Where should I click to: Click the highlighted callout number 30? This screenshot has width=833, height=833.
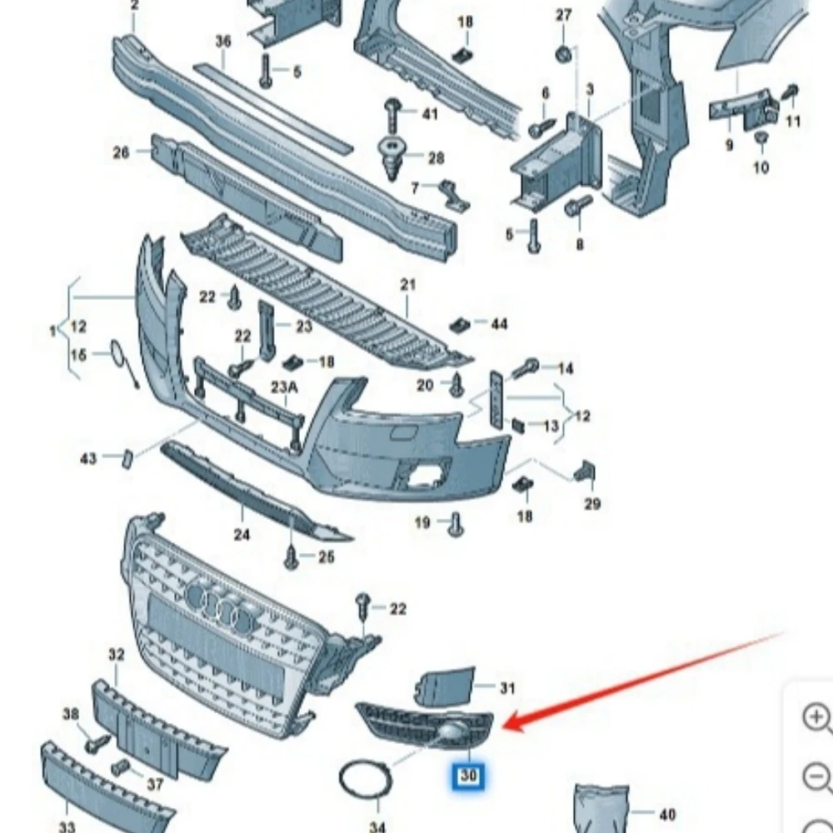click(x=469, y=776)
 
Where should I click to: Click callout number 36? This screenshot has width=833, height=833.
click(x=222, y=41)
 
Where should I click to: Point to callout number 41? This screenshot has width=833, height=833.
click(x=429, y=112)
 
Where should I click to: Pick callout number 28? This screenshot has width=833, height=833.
click(x=436, y=157)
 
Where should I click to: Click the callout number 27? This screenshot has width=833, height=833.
click(x=564, y=15)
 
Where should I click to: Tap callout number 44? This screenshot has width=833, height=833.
click(x=498, y=323)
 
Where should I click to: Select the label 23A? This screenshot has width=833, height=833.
click(x=283, y=387)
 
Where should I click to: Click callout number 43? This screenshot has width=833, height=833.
click(x=88, y=458)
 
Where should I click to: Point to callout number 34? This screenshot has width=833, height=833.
click(x=377, y=826)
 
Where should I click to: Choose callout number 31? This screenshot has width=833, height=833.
click(x=506, y=688)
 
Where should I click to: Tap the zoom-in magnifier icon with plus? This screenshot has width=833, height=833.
click(x=816, y=717)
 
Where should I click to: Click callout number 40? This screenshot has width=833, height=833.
click(x=666, y=814)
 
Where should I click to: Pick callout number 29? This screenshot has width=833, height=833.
click(x=592, y=503)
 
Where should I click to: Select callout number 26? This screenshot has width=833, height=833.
click(x=122, y=152)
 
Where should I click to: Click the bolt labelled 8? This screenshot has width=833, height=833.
click(x=578, y=207)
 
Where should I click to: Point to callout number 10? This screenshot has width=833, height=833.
click(x=761, y=167)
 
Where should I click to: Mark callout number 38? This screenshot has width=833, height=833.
click(x=71, y=714)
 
